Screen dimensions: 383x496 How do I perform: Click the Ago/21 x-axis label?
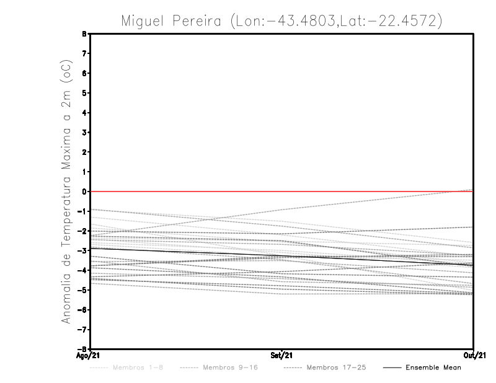point(87,356)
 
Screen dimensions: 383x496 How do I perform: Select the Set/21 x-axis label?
point(281,356)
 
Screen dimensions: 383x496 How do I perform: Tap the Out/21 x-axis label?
point(474,356)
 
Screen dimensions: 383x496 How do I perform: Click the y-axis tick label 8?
point(84,33)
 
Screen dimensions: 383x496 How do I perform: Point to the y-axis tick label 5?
point(84,93)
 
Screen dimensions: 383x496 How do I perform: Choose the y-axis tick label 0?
point(84,191)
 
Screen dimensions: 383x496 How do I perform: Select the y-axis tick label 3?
point(84,132)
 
